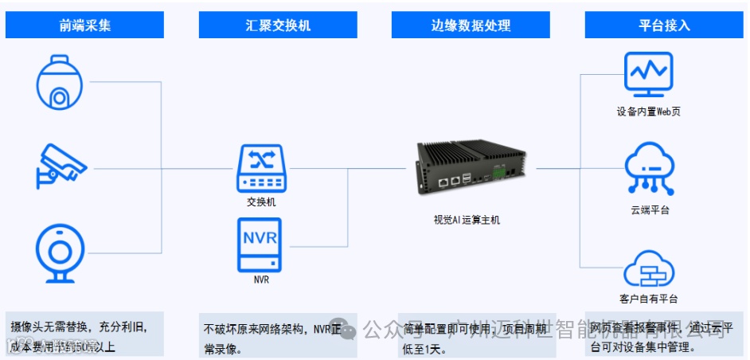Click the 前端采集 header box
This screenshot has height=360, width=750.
[x=84, y=25]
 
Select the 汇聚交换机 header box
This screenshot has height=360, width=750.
[x=278, y=25]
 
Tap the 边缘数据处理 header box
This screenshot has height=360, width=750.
[x=471, y=25]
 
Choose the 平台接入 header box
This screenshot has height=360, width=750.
[x=664, y=25]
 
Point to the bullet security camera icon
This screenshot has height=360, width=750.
[x=61, y=165]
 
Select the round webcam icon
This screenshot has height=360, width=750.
[x=60, y=253]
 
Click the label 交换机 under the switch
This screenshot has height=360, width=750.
[x=261, y=202]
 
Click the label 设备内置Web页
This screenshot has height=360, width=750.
[x=648, y=112]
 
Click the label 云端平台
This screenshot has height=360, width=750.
[x=649, y=210]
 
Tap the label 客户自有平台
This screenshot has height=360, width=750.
[x=649, y=299]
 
